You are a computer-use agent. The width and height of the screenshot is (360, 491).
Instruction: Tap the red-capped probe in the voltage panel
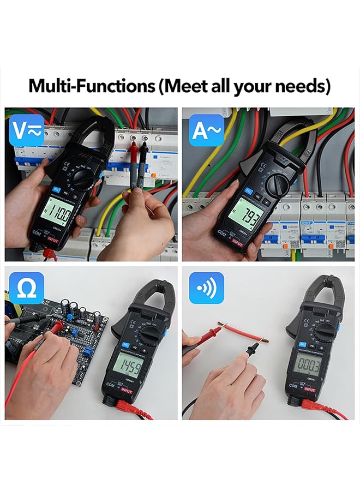point(133,158)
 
